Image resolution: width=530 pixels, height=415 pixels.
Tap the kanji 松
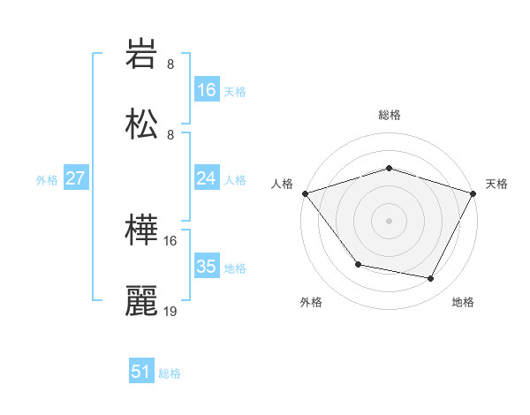[x=142, y=123]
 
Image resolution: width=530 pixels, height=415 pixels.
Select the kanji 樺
[x=142, y=230]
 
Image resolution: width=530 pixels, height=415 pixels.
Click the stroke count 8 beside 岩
[x=170, y=64]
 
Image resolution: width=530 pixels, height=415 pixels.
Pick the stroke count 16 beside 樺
[x=170, y=240]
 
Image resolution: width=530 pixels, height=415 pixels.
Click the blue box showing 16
[x=206, y=89]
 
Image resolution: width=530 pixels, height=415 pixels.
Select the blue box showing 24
[x=206, y=178]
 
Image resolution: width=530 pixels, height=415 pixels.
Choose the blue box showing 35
[x=206, y=267]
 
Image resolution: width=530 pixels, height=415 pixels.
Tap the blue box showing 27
[x=75, y=178]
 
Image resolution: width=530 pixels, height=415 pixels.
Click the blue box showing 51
[x=140, y=372]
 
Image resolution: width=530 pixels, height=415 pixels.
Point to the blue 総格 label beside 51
[x=170, y=373]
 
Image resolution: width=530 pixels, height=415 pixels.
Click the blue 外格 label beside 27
[x=47, y=180]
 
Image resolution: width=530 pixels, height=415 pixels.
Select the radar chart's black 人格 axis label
[x=283, y=184]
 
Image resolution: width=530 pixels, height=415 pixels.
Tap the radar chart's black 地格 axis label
[x=463, y=303]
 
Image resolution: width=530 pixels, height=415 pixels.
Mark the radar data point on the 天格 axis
[x=474, y=192]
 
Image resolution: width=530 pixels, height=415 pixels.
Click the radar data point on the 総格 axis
[x=389, y=168]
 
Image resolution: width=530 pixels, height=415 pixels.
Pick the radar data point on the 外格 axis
[x=357, y=264]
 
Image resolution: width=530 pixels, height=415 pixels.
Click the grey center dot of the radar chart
[x=389, y=220]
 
